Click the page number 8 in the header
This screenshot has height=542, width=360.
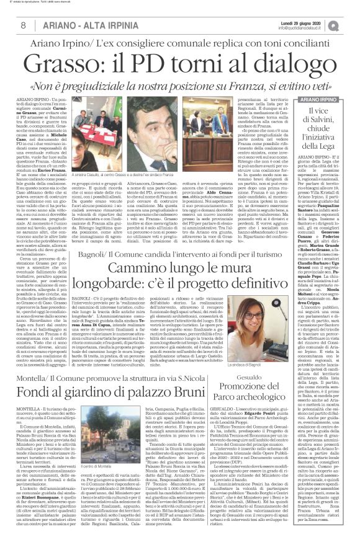point(23,24)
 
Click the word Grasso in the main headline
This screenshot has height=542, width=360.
point(84,63)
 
